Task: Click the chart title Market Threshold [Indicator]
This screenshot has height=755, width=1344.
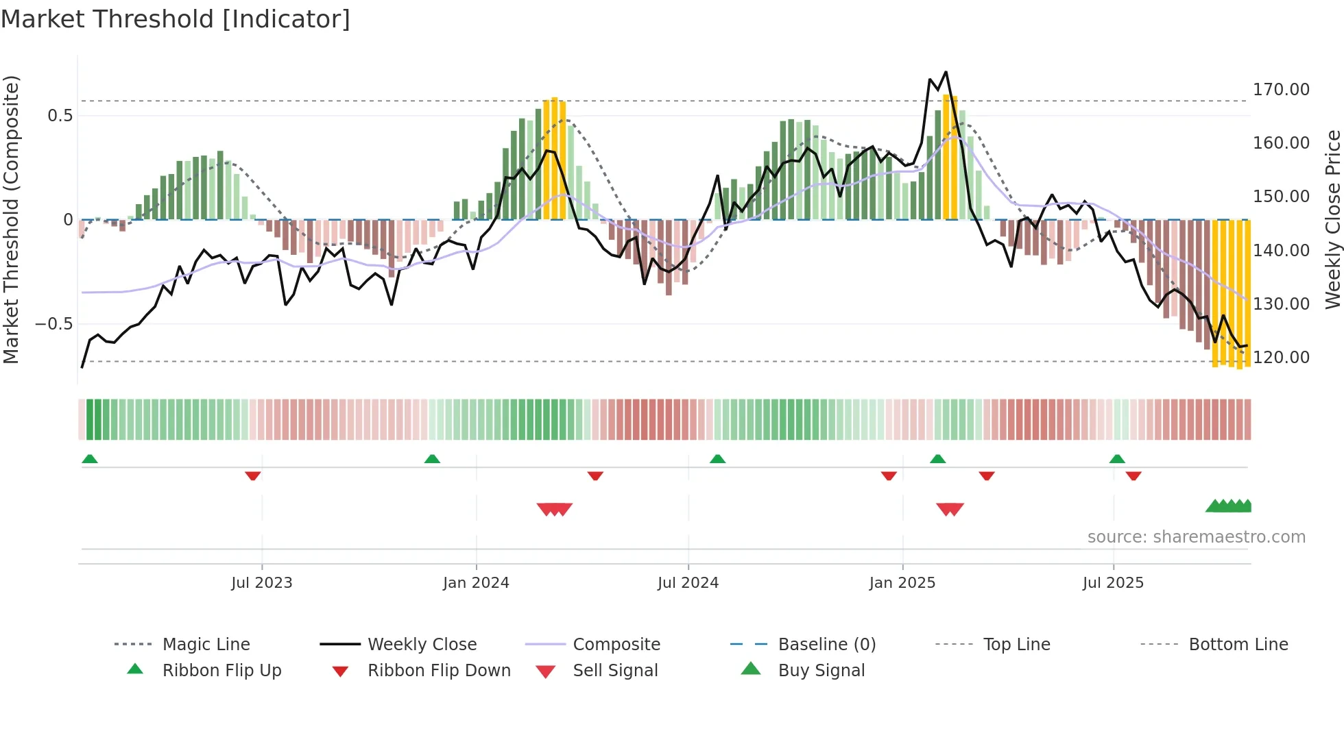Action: (176, 19)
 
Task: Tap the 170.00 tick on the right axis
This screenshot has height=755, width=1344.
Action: (1280, 90)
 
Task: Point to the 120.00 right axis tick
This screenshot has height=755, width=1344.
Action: (1280, 358)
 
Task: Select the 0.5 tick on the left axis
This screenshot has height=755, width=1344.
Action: (60, 116)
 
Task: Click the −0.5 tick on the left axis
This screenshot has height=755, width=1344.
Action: (54, 324)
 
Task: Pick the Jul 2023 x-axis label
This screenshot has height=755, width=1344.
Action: (261, 583)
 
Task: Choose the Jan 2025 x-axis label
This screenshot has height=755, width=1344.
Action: (902, 583)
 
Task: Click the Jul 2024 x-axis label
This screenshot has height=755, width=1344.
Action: (688, 583)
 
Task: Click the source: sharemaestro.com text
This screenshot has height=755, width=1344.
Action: (1196, 537)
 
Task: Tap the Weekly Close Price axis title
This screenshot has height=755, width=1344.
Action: (1332, 219)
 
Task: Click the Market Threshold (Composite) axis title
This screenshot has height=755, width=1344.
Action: (11, 219)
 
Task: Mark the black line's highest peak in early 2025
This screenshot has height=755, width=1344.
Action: (946, 72)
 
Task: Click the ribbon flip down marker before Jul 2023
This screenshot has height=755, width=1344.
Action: (253, 475)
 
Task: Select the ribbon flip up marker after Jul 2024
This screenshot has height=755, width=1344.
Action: (717, 458)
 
